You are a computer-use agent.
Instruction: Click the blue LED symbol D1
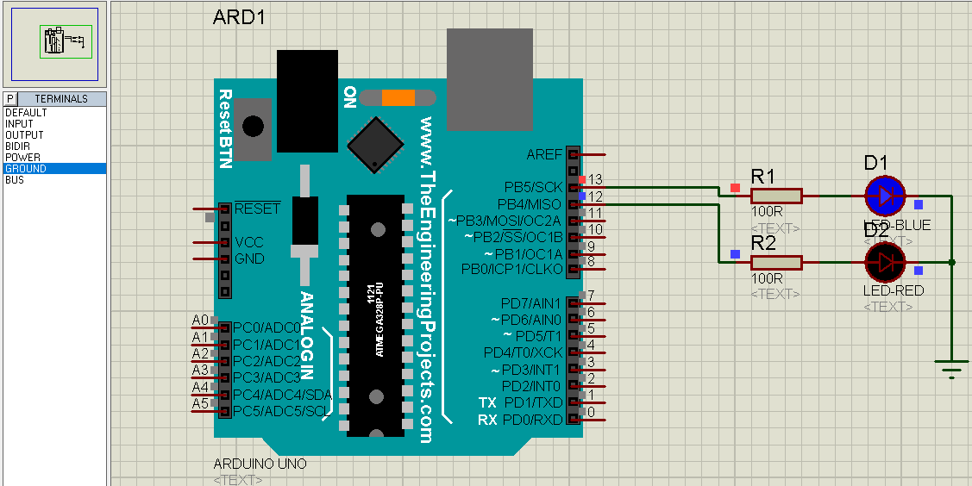885,196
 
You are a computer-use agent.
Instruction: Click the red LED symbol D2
885,262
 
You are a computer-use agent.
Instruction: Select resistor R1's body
776,196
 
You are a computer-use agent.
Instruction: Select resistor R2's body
776,262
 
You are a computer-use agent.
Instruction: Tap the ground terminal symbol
951,369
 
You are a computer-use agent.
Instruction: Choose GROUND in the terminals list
26,169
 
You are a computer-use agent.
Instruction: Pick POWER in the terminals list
22,158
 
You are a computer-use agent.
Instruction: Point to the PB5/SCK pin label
533,187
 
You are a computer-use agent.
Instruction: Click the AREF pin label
543,154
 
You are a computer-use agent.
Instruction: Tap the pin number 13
594,180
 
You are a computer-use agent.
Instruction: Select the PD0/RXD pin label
532,420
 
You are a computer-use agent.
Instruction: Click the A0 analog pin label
199,321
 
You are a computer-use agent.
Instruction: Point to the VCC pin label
249,242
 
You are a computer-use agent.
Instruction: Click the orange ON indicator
398,97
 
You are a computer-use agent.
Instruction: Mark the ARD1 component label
239,19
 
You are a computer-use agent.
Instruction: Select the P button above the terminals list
11,99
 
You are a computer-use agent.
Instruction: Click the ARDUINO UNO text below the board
260,464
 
